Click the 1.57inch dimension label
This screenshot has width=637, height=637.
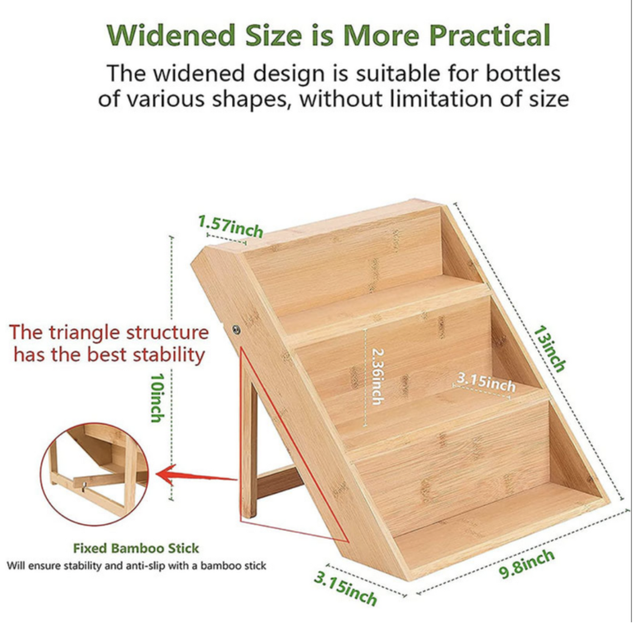231,226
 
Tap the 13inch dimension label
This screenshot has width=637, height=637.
550,348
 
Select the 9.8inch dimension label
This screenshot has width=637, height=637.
527,564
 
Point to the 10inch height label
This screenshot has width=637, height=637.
158,398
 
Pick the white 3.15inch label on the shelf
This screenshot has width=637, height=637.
486,382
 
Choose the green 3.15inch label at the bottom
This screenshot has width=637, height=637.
345,589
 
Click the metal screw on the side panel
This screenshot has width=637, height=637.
236,329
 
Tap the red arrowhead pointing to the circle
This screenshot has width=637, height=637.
168,474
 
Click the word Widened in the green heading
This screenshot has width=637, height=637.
171,36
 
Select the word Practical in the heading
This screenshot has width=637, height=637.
489,36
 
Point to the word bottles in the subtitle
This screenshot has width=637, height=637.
523,74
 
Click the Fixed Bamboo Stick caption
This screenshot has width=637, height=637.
136,548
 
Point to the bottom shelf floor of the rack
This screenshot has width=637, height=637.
499,528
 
